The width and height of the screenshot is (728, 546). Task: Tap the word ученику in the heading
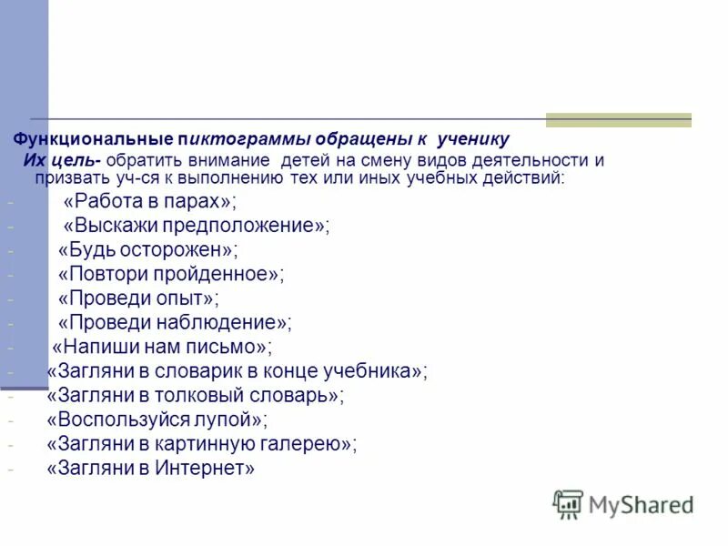tap(473, 140)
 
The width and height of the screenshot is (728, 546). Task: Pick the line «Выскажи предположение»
tap(197, 226)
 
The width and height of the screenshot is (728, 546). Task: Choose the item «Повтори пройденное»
tap(170, 273)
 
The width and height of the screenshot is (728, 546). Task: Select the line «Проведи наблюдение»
tap(175, 321)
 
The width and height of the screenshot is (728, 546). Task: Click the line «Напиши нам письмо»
tap(161, 347)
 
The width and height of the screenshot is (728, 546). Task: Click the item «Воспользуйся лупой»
tap(157, 420)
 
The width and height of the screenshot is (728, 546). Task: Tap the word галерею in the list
tap(308, 444)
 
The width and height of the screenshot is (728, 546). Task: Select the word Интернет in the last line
tap(205, 469)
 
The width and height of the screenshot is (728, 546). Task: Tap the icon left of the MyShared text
tap(568, 504)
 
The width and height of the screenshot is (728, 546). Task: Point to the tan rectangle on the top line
tap(618, 119)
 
